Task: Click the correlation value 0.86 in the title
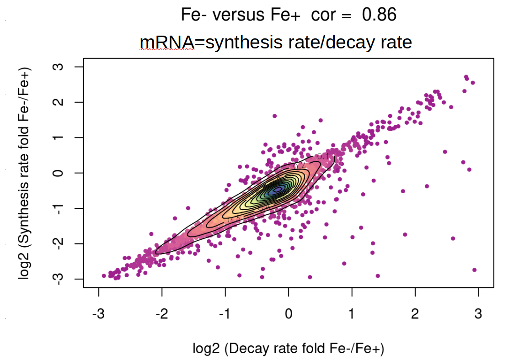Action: [379, 15]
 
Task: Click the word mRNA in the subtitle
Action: [167, 42]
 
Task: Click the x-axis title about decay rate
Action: [289, 349]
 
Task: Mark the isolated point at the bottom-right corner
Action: [474, 270]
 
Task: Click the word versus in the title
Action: [238, 15]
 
